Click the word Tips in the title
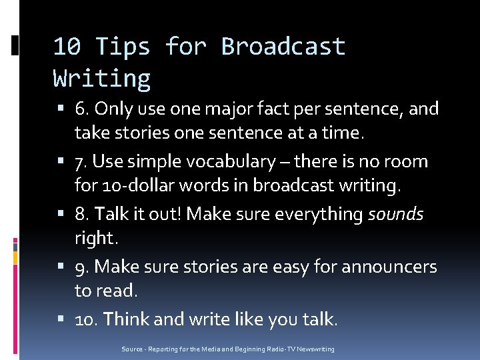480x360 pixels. click(123, 47)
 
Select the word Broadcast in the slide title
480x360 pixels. click(283, 47)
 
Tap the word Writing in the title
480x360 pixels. click(101, 79)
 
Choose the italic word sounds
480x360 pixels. click(395, 214)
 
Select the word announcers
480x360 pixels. click(389, 267)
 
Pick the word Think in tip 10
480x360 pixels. click(127, 319)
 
